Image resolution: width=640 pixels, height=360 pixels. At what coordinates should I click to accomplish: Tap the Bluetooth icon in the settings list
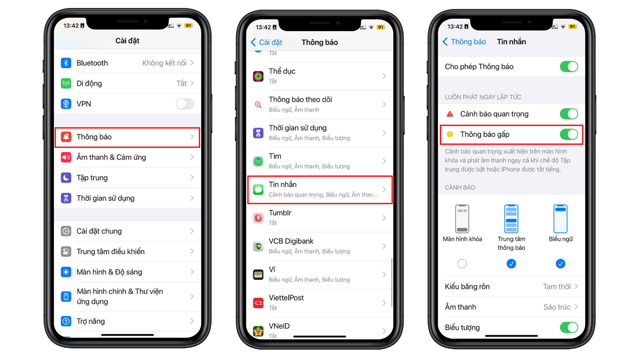pos(66,63)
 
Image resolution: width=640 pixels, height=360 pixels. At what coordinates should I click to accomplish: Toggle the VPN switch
pos(185,104)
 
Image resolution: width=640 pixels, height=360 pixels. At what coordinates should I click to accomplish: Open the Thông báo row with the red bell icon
pos(127,137)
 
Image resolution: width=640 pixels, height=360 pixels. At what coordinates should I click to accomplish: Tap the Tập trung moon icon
pos(66,178)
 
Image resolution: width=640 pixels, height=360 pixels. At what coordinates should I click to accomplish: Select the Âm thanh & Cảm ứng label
pos(111,157)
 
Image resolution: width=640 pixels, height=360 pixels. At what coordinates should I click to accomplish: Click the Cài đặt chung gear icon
pos(66,231)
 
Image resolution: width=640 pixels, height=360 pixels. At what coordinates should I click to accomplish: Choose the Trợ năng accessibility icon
pos(66,321)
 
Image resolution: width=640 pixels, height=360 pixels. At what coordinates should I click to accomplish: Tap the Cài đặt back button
pos(266,42)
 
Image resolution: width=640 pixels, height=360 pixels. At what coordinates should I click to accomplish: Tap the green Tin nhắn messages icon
pos(258,190)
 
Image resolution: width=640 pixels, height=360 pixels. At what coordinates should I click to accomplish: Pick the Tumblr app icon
pos(258,218)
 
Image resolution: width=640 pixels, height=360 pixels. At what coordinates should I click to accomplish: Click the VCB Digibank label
pos(291,241)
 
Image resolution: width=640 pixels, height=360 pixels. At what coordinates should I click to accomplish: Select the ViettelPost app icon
pos(258,303)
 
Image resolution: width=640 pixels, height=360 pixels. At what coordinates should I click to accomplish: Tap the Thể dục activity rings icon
pos(258,76)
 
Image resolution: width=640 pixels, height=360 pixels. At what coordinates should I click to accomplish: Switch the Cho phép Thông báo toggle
pos(569,67)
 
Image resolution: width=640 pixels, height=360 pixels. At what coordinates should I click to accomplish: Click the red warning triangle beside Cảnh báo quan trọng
pos(450,114)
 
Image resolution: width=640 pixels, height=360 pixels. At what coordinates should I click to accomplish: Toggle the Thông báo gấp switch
pos(569,134)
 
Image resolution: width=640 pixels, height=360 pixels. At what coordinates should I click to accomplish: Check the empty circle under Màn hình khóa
pos(462,264)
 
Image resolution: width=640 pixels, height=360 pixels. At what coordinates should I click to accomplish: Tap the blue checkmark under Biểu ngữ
pos(561,264)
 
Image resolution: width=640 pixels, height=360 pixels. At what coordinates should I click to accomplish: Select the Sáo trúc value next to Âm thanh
pos(557,307)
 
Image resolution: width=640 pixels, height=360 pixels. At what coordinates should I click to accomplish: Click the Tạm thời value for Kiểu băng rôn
pos(557,287)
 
